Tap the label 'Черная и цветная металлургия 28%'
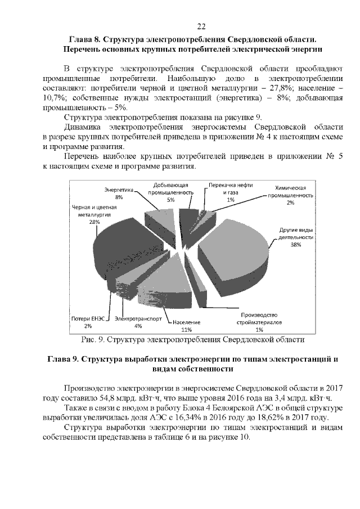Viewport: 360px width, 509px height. (93, 215)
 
